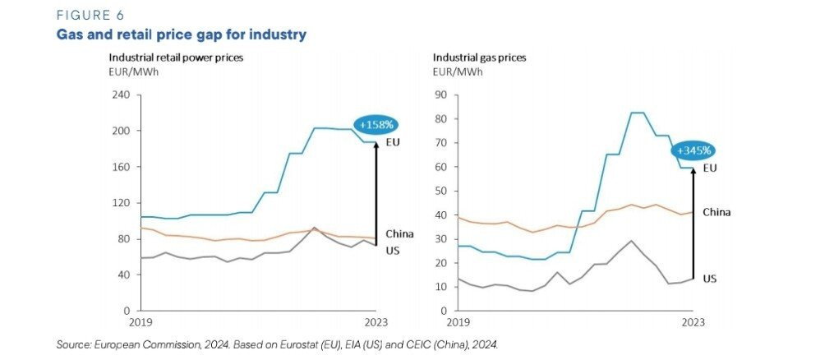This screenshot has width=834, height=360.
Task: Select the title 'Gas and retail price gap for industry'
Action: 181,35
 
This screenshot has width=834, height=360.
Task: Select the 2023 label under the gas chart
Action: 693,322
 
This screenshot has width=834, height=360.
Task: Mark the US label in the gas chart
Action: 710,279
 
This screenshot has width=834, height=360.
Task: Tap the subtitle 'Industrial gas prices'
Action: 479,58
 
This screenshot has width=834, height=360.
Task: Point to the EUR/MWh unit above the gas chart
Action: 458,72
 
